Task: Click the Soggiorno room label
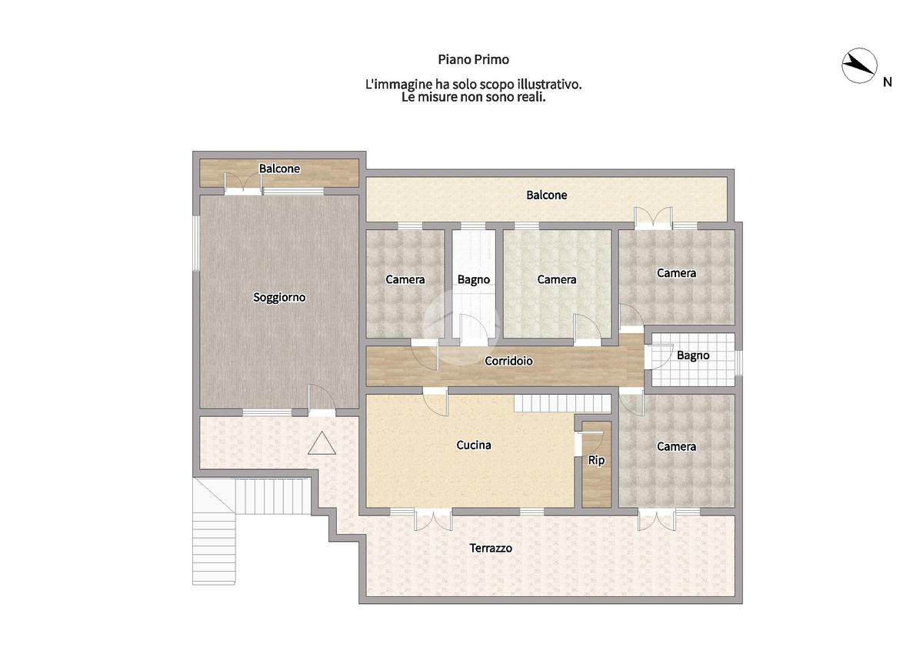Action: click(x=279, y=297)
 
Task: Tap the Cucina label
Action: click(x=474, y=445)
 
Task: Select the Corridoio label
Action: click(x=508, y=361)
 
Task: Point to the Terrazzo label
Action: click(x=491, y=548)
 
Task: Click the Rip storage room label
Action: click(x=596, y=460)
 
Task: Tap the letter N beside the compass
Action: click(x=887, y=82)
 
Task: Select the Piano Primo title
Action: click(x=474, y=60)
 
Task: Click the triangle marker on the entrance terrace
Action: click(x=322, y=443)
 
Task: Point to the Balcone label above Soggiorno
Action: click(x=279, y=169)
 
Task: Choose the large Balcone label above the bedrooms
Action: click(x=546, y=195)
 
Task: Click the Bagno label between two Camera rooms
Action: click(x=474, y=280)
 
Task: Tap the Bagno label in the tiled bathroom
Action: click(x=693, y=355)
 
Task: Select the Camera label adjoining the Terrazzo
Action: click(x=676, y=446)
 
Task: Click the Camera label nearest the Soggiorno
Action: click(x=405, y=279)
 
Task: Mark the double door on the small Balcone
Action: click(x=243, y=183)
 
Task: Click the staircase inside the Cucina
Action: click(x=562, y=404)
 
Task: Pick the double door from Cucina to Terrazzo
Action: click(x=433, y=520)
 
